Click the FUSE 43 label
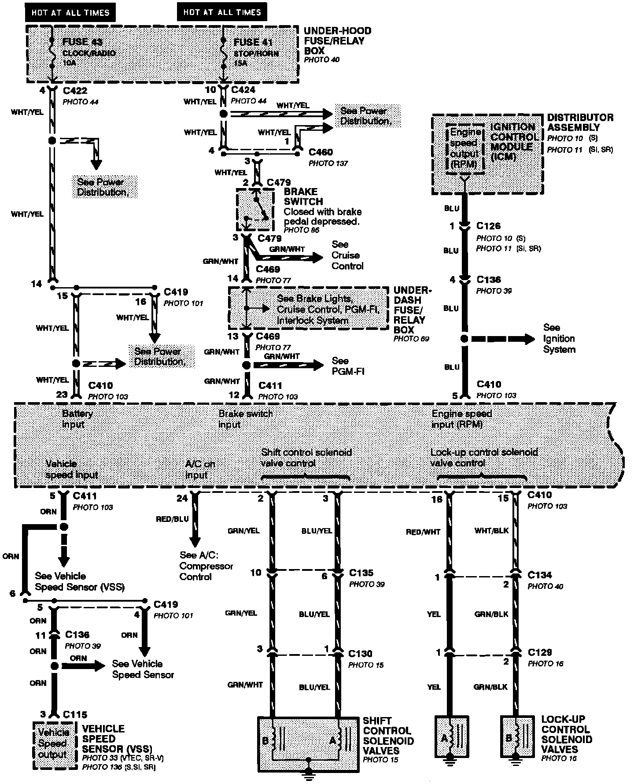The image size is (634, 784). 82,42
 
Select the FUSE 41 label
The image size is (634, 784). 253,42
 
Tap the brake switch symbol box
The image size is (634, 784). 254,209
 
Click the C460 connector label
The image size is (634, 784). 321,152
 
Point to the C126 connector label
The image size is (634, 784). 488,226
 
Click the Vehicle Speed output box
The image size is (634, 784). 53,744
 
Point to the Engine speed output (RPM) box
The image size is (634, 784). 464,148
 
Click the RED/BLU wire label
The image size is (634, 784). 172,519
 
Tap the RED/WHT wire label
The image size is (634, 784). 423,532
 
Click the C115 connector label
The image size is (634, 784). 75,714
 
